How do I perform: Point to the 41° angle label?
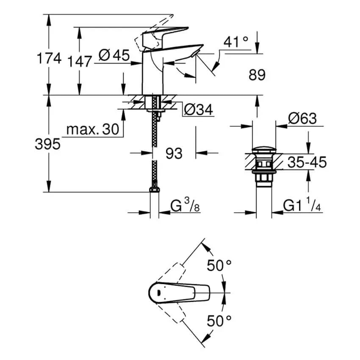pos(236,42)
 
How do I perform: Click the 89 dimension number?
pos(257,75)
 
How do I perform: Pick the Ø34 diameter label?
pos(199,110)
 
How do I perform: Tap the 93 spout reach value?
pos(174,153)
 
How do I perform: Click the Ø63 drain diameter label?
pos(302,119)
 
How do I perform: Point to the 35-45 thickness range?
pos(307,161)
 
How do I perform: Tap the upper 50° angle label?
pos(219,266)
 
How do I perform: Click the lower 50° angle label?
pos(219,321)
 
